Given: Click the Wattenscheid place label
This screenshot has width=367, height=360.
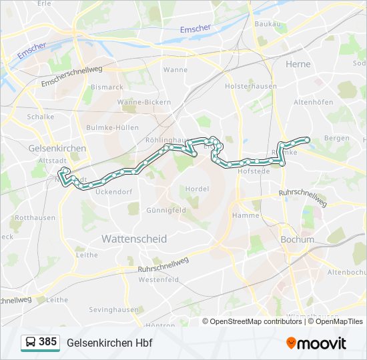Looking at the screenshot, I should point(134,239).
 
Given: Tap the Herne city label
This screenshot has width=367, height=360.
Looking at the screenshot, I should point(298,64).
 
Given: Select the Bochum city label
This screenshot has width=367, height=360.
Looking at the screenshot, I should point(298,239).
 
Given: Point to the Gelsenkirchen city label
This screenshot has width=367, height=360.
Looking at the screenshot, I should point(57,148).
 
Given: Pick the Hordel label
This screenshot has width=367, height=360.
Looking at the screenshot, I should point(197,189).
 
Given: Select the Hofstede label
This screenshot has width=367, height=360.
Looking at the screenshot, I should point(253,171).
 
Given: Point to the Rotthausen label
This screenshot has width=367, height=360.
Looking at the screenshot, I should point(35,218).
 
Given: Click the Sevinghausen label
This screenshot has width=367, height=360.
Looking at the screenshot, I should point(113,309).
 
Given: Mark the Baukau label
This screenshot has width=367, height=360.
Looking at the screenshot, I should point(268,24).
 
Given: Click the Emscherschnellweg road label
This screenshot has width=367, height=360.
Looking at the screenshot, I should point(71,75).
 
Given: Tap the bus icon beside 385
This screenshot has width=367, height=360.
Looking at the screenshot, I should point(30,343).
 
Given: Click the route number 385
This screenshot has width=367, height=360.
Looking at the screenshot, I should point(47,342).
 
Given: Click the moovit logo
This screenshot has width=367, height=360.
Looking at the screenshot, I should point(316,343).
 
